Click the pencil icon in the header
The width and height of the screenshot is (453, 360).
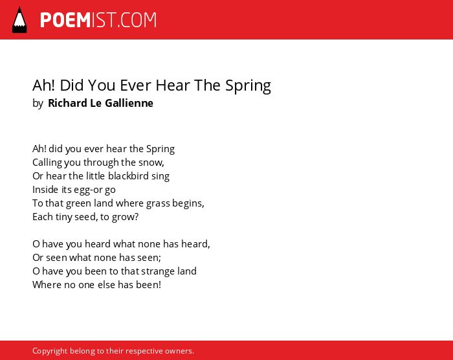coord(19,19)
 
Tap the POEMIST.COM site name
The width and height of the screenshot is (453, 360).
coord(98,20)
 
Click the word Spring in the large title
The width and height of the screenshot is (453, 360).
coord(248,86)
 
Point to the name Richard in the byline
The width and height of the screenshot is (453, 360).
coord(67,103)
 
